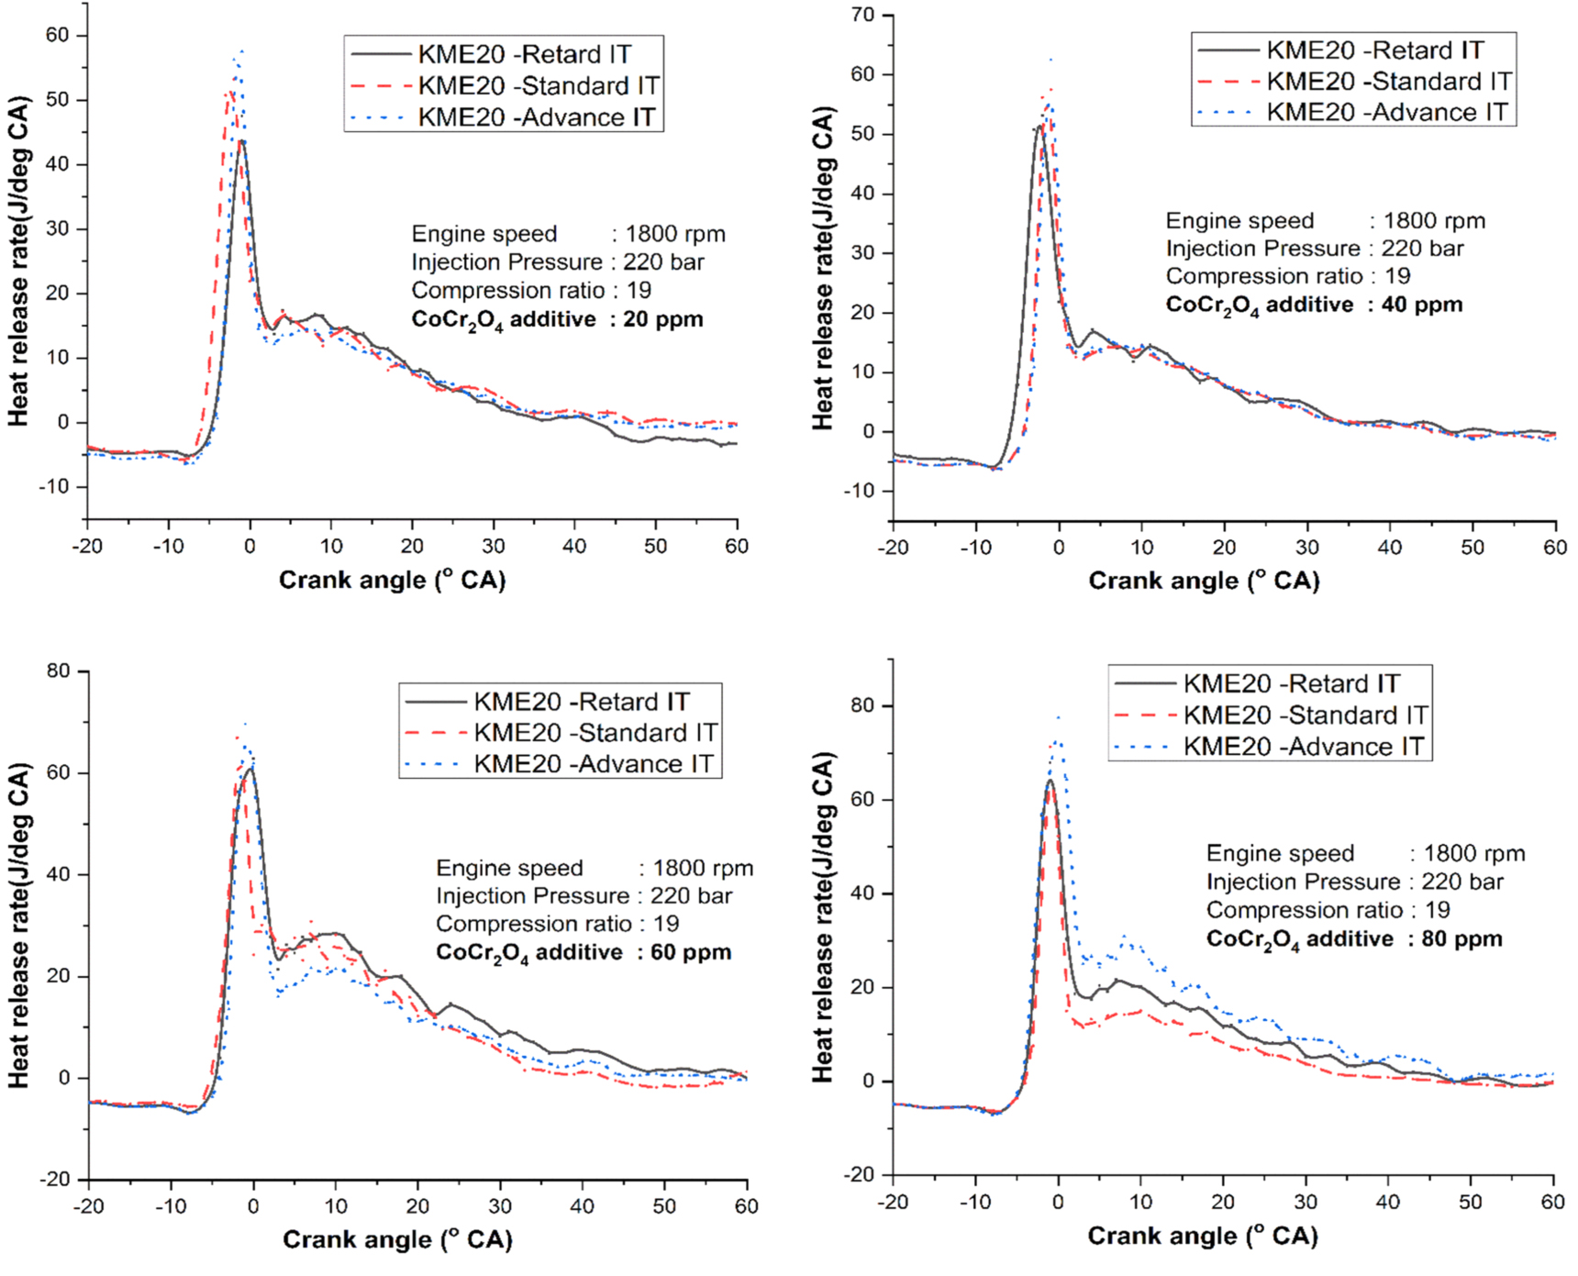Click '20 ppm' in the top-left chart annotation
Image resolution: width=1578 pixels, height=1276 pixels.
click(662, 319)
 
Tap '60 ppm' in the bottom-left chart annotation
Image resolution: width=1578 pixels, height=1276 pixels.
click(690, 952)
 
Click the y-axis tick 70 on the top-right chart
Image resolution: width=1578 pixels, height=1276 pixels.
click(862, 15)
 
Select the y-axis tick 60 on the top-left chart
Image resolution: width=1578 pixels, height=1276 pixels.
click(57, 35)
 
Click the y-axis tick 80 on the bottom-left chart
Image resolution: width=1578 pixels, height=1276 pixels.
click(58, 671)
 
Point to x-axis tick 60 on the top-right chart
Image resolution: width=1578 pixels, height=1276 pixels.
click(1554, 548)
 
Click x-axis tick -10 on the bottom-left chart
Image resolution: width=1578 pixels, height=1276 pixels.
click(171, 1205)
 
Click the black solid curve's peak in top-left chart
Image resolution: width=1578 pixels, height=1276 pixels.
click(241, 141)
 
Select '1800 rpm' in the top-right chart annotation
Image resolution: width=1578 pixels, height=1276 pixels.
click(1434, 221)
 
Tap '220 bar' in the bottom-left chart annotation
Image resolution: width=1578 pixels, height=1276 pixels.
click(691, 896)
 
